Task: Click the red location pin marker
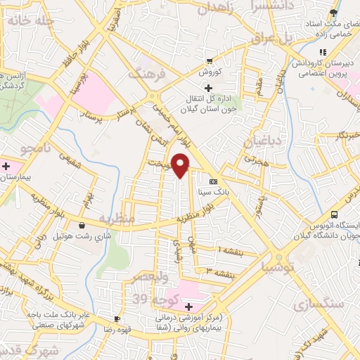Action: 181,166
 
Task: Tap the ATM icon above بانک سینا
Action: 213,181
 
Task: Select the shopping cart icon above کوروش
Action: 209,61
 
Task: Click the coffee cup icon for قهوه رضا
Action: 117,319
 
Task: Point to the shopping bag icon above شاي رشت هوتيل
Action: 84,226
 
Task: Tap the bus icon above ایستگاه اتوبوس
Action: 335,214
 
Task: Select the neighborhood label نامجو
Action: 34,150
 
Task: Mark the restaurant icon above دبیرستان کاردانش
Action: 322,52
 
